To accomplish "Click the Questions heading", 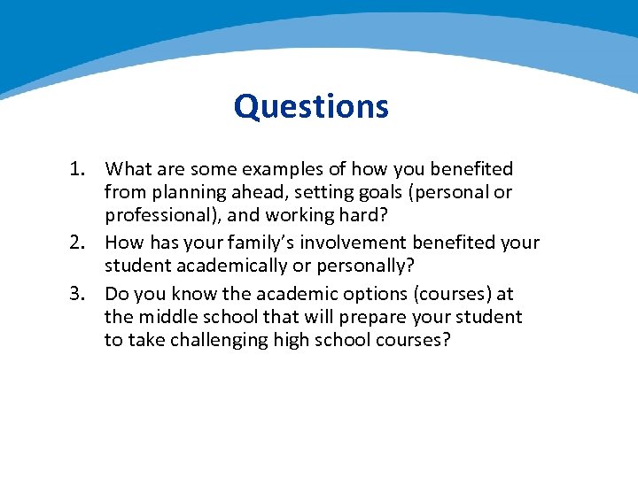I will pos(311,107).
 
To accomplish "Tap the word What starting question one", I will pos(127,169).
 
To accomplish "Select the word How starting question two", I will pos(124,243).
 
